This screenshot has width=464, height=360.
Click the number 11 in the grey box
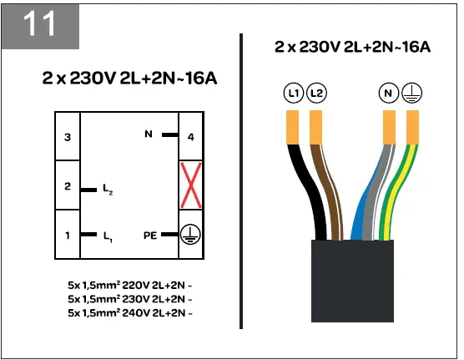click(x=40, y=24)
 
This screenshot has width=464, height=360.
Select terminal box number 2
click(x=68, y=185)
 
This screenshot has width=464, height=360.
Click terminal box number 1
click(x=68, y=236)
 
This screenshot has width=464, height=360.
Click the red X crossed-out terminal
click(x=191, y=185)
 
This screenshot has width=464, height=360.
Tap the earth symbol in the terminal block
click(x=191, y=236)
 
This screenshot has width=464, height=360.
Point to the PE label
click(x=150, y=236)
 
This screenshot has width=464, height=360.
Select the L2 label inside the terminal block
click(x=108, y=191)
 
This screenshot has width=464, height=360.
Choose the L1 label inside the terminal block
click(x=108, y=237)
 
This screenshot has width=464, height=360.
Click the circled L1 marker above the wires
click(x=293, y=94)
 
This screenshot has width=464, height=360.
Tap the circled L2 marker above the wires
click(x=316, y=94)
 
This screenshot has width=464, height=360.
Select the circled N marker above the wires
click(x=388, y=94)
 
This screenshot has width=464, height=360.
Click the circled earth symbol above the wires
click(x=411, y=94)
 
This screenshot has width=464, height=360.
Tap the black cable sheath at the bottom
click(x=351, y=280)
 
